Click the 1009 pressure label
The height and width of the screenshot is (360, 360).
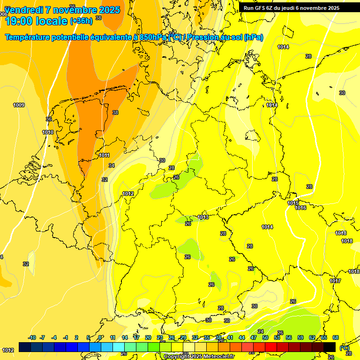click(x=19, y=105)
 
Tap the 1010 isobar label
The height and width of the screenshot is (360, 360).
click(x=48, y=133)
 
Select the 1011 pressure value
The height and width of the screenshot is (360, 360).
click(x=104, y=155)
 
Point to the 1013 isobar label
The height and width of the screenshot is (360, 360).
click(x=203, y=217)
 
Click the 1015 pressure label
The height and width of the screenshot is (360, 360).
click(x=293, y=203)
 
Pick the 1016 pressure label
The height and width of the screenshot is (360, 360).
click(x=300, y=208)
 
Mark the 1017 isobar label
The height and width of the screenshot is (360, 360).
click(x=335, y=281)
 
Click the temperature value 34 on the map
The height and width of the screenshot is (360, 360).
click(x=111, y=165)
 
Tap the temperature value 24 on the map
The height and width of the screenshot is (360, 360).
click(x=261, y=332)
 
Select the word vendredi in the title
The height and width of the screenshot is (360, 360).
click(x=25, y=10)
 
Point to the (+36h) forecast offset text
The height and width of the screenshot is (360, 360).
click(x=81, y=21)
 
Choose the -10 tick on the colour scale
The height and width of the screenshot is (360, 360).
click(x=32, y=337)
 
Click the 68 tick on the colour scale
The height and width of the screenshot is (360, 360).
click(x=336, y=337)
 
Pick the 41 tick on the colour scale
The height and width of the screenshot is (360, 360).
click(x=230, y=337)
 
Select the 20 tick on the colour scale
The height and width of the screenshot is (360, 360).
click(x=148, y=337)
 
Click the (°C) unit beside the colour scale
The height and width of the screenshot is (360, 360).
click(x=344, y=348)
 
